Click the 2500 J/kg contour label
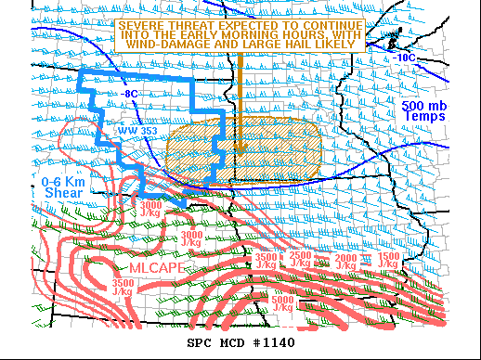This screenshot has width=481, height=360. pos(301,259)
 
